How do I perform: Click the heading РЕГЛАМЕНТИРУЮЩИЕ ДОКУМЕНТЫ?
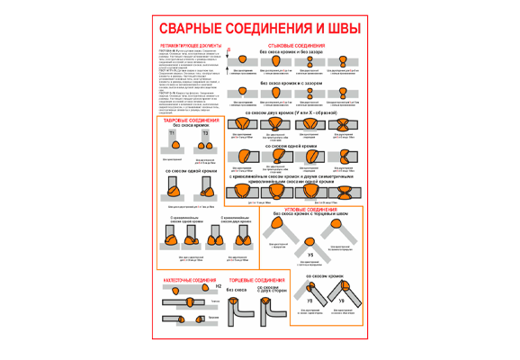point(185,44)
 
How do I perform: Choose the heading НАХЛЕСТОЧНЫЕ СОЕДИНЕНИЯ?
point(184,281)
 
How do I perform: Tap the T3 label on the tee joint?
point(204,133)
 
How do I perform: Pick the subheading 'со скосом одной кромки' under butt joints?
point(296,145)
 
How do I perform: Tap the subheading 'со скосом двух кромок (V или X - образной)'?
point(296,113)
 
